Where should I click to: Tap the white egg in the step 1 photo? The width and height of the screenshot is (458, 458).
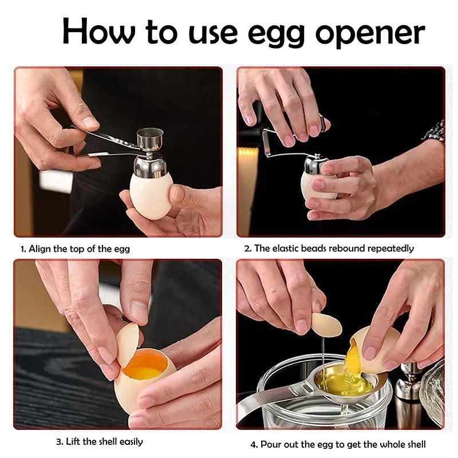(x=151, y=195)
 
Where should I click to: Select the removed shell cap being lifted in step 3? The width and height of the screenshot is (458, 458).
(x=127, y=344)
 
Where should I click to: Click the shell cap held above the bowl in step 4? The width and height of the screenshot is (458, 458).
(x=327, y=325)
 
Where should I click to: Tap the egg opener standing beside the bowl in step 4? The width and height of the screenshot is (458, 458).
(x=410, y=389)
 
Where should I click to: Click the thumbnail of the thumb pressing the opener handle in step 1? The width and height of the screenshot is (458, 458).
(x=90, y=123)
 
